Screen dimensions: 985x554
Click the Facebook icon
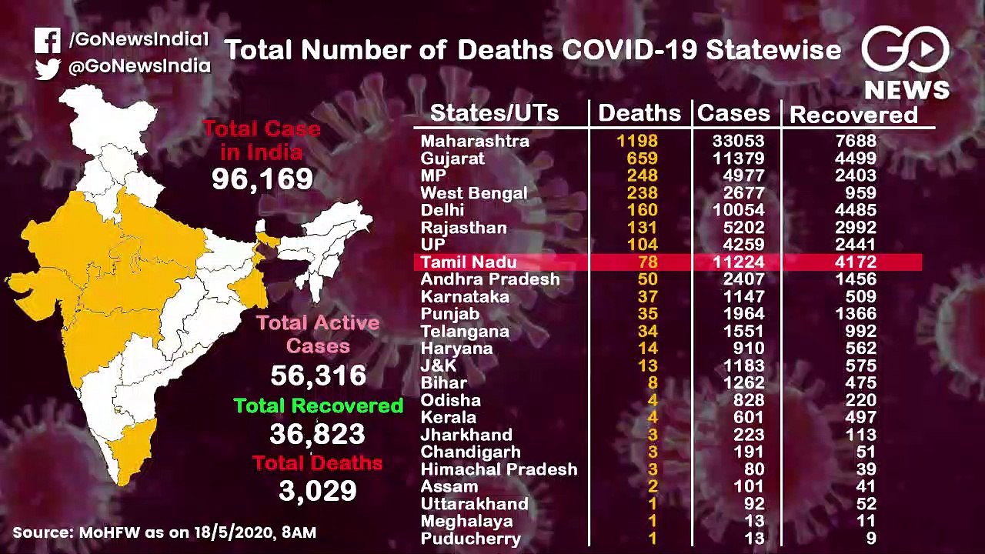pyautogui.click(x=48, y=41)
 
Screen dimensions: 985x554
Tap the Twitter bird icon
pyautogui.click(x=48, y=69)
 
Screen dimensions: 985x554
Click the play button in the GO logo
pyautogui.click(x=927, y=49)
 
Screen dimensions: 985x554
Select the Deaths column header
pyautogui.click(x=639, y=113)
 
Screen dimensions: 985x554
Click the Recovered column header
pyautogui.click(x=854, y=115)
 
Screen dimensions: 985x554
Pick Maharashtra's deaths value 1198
pyautogui.click(x=637, y=141)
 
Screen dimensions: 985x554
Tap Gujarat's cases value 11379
pyautogui.click(x=739, y=158)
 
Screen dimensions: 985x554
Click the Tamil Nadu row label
pyautogui.click(x=469, y=262)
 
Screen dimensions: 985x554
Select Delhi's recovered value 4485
pyautogui.click(x=856, y=210)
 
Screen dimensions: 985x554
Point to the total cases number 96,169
pyautogui.click(x=262, y=179)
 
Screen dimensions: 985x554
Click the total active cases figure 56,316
pyautogui.click(x=319, y=375)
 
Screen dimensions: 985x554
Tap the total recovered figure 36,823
pyautogui.click(x=317, y=433)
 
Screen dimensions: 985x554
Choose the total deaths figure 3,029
pyautogui.click(x=318, y=491)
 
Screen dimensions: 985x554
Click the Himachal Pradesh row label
pyautogui.click(x=499, y=469)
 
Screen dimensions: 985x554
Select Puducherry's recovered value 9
pyautogui.click(x=870, y=538)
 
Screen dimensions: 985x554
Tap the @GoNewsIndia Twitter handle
pyautogui.click(x=139, y=66)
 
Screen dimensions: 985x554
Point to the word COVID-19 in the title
pyautogui.click(x=629, y=49)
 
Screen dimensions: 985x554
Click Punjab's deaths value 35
pyautogui.click(x=648, y=313)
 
